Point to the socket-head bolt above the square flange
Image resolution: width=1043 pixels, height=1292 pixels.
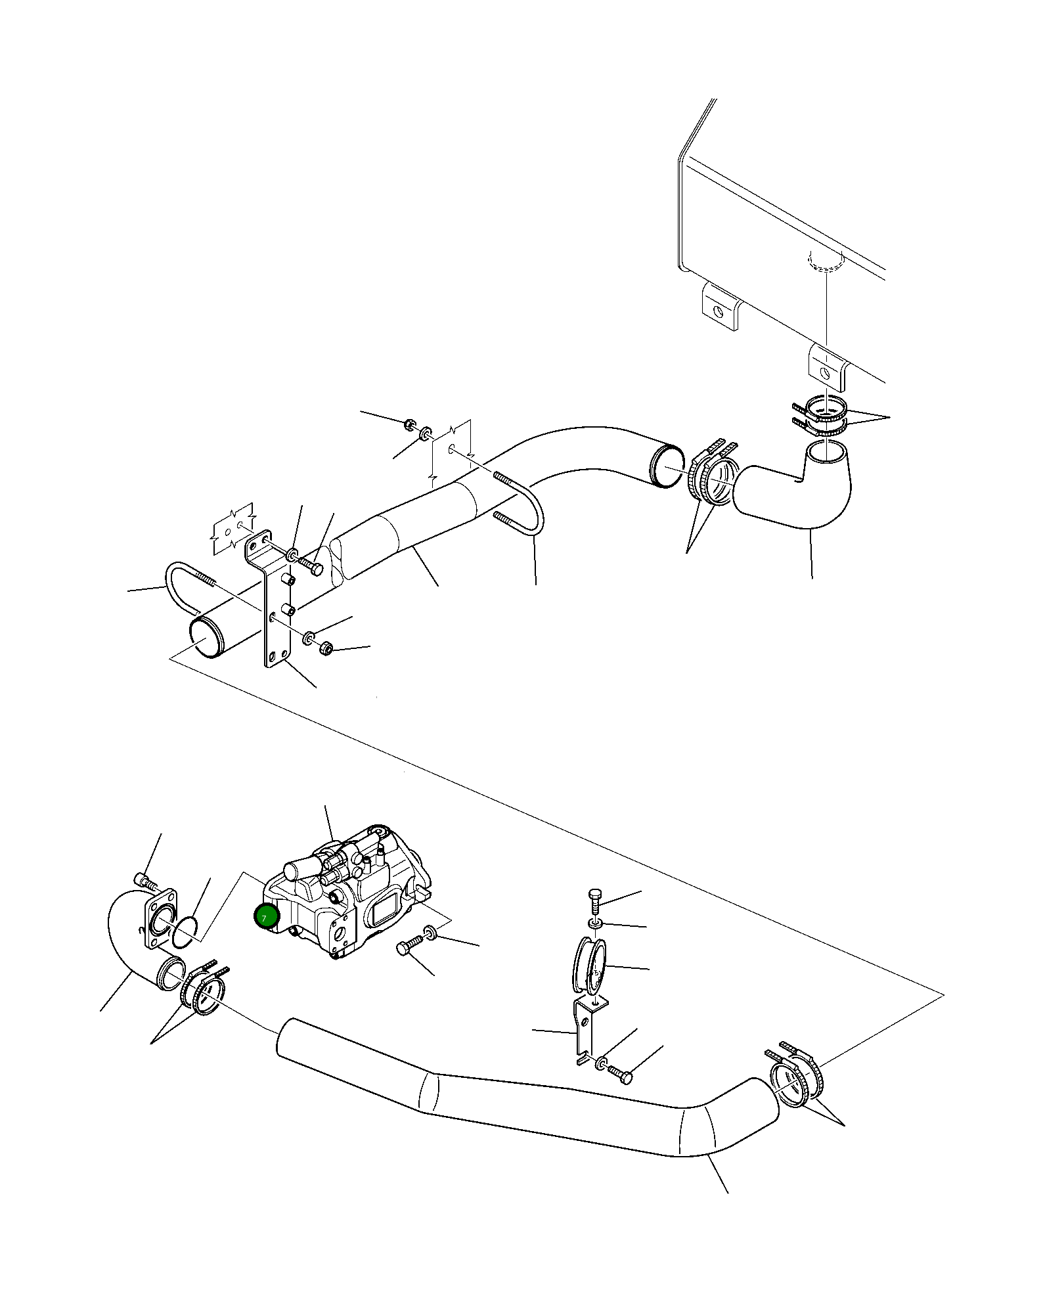tap(143, 879)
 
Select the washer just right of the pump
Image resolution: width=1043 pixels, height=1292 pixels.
tap(430, 931)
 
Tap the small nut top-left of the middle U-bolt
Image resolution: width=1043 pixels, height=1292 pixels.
tap(409, 424)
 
